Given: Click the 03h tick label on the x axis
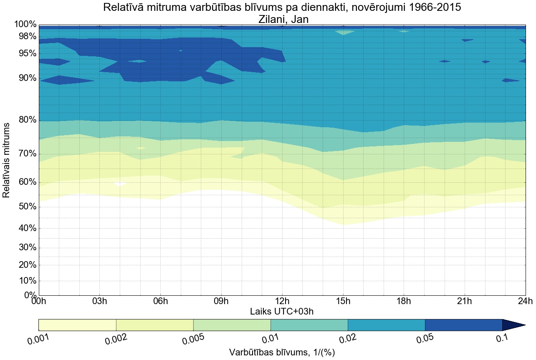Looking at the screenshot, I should pos(99,301).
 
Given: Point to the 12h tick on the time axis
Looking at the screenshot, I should pos(282,301).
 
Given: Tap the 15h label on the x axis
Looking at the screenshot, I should pos(343,301).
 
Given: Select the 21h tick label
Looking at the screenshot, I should pos(465,301).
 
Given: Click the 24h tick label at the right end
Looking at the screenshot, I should pos(525,301).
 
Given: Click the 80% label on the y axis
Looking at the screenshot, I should pos(25,120).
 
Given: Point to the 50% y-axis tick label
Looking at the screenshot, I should pos(25,207).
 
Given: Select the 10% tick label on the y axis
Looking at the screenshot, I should pos(25,281).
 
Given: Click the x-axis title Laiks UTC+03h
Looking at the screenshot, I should pos(282,311).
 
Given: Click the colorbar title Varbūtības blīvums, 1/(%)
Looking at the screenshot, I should pos(282,352).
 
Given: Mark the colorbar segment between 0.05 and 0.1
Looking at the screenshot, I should pos(463,325).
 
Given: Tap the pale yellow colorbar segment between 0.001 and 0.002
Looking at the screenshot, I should pos(77,325).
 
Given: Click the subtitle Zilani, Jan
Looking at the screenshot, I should pos(282,19).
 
